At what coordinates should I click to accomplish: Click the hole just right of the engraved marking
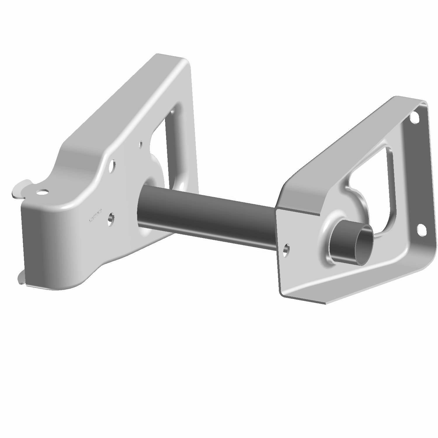tap(111, 218)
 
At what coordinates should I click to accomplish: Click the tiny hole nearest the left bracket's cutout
tap(141, 144)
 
